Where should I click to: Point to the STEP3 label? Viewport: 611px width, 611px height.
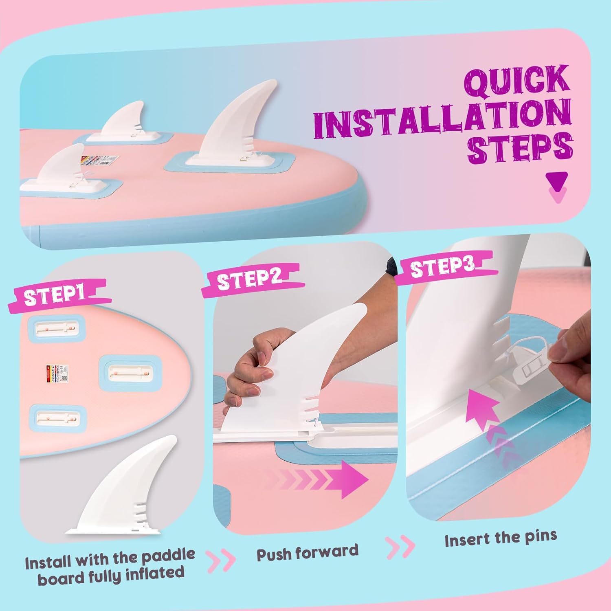tap(442, 267)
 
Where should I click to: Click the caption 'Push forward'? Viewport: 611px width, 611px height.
tap(308, 552)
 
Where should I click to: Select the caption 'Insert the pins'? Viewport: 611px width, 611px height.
tap(501, 538)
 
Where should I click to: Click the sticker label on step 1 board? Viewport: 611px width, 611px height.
tap(57, 373)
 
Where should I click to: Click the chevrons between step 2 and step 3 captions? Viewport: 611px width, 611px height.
tap(400, 547)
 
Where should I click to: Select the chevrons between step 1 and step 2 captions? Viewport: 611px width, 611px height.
tap(222, 561)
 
